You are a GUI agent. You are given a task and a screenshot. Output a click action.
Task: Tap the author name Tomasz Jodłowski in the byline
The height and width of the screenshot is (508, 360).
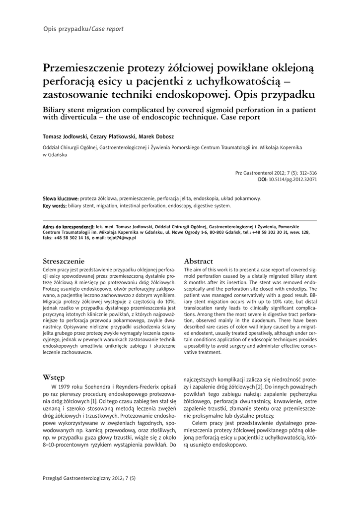65,136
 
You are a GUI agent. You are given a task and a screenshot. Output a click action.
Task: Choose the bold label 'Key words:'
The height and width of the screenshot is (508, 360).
55,205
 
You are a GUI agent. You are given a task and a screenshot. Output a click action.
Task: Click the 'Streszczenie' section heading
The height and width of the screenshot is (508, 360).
64,261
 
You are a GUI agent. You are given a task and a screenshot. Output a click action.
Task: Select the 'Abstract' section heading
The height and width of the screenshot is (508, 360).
198,261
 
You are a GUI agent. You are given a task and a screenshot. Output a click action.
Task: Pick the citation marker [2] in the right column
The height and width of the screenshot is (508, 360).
259,386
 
